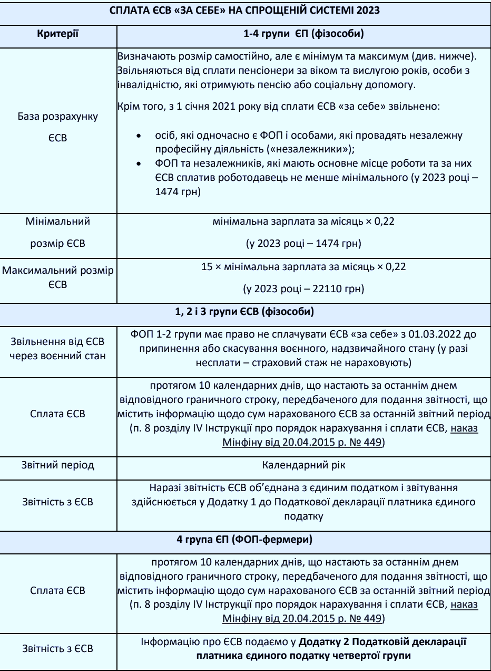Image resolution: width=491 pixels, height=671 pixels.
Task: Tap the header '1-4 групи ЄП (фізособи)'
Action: pyautogui.click(x=303, y=34)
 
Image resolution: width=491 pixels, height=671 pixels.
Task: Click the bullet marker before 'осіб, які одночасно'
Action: pyautogui.click(x=138, y=136)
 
